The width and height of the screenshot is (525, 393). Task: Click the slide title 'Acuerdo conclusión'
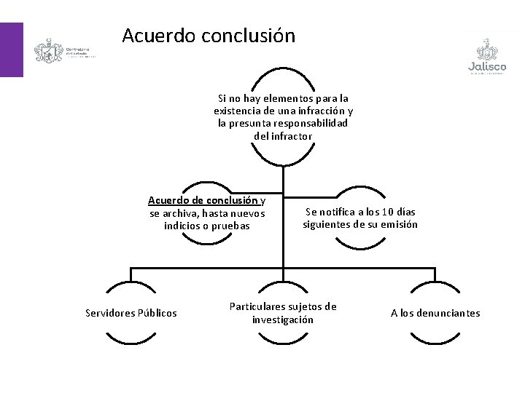pyautogui.click(x=209, y=36)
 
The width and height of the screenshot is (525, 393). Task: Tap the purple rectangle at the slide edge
pyautogui.click(x=11, y=49)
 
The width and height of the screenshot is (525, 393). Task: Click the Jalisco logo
pyautogui.click(x=487, y=56)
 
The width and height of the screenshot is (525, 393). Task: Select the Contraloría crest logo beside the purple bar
pyautogui.click(x=49, y=52)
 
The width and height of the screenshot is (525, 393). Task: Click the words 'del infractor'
pyautogui.click(x=283, y=135)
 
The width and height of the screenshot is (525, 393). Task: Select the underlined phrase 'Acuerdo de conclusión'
pyautogui.click(x=203, y=200)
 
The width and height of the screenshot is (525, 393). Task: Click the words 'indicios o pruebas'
pyautogui.click(x=207, y=226)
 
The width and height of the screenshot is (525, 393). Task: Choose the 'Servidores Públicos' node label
pyautogui.click(x=131, y=313)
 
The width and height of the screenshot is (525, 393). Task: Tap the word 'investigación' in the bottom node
pyautogui.click(x=283, y=319)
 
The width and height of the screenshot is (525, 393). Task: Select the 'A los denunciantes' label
pyautogui.click(x=435, y=313)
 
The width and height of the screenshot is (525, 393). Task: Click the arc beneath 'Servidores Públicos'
pyautogui.click(x=131, y=339)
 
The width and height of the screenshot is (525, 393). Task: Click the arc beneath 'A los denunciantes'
pyautogui.click(x=435, y=339)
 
